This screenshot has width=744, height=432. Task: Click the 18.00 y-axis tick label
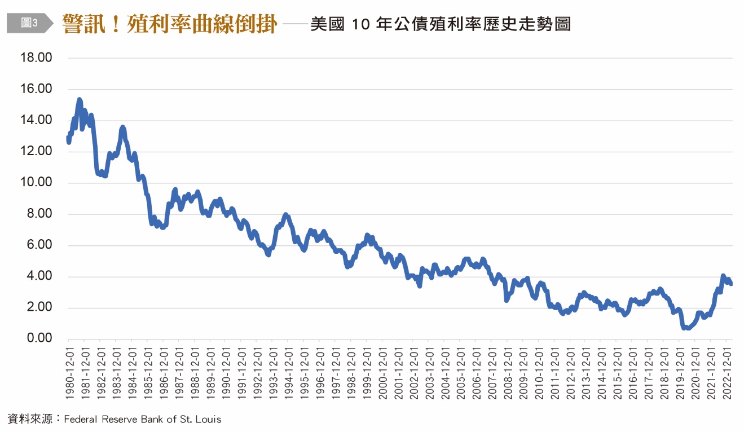37,58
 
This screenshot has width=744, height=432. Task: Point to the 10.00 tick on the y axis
37,183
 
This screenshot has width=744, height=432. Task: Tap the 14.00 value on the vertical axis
37,120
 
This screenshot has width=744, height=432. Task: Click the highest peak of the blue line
80,100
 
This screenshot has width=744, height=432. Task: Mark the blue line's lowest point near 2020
685,328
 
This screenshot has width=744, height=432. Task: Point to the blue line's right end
731,284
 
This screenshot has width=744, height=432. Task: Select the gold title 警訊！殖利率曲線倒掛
170,24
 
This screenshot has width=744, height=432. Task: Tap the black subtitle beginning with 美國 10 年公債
441,24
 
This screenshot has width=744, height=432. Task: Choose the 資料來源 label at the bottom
30,419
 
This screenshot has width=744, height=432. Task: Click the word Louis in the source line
208,419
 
